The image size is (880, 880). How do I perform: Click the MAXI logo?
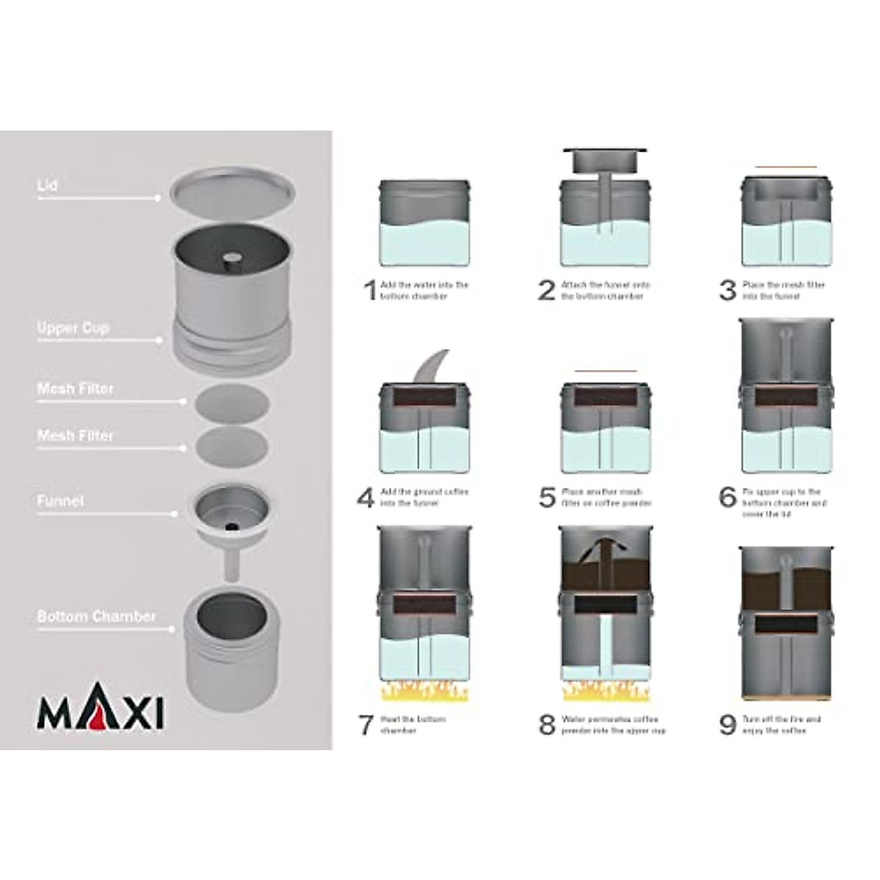coord(100,711)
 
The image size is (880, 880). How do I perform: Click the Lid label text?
coord(48,186)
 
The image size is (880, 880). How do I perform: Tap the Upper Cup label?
coord(73,328)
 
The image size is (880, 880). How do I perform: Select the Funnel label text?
coord(61,502)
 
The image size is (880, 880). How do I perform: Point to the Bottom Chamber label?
coord(97,617)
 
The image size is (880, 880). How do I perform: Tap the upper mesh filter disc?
coord(232,403)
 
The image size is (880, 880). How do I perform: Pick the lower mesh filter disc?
coord(232,446)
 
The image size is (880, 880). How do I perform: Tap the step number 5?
coord(547,497)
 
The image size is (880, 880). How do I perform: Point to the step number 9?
coord(727,725)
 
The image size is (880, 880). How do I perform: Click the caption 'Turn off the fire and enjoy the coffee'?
coord(781,725)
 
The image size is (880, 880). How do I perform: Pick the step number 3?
coord(727,290)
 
